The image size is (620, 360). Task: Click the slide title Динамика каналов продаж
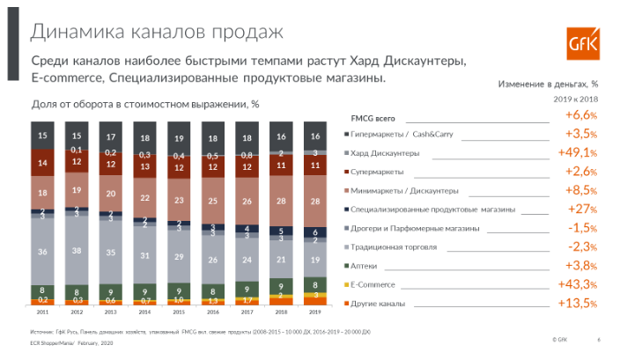coord(157,33)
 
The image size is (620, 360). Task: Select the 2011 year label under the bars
coord(42,312)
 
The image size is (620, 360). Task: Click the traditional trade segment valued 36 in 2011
coord(42,252)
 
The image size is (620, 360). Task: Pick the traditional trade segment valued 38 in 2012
coord(77,250)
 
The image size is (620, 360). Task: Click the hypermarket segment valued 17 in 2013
coord(110,137)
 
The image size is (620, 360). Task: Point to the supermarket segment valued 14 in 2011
coord(42,163)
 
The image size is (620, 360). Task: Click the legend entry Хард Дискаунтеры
coord(385,153)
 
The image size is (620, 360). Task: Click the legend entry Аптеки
coord(365,266)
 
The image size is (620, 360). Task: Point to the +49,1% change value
coord(579,153)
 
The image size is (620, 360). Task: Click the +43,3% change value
coord(579,285)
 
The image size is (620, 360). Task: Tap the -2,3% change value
coord(581,247)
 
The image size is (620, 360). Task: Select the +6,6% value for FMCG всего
coord(581,116)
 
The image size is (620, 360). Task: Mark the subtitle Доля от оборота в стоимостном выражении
coord(145,104)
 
